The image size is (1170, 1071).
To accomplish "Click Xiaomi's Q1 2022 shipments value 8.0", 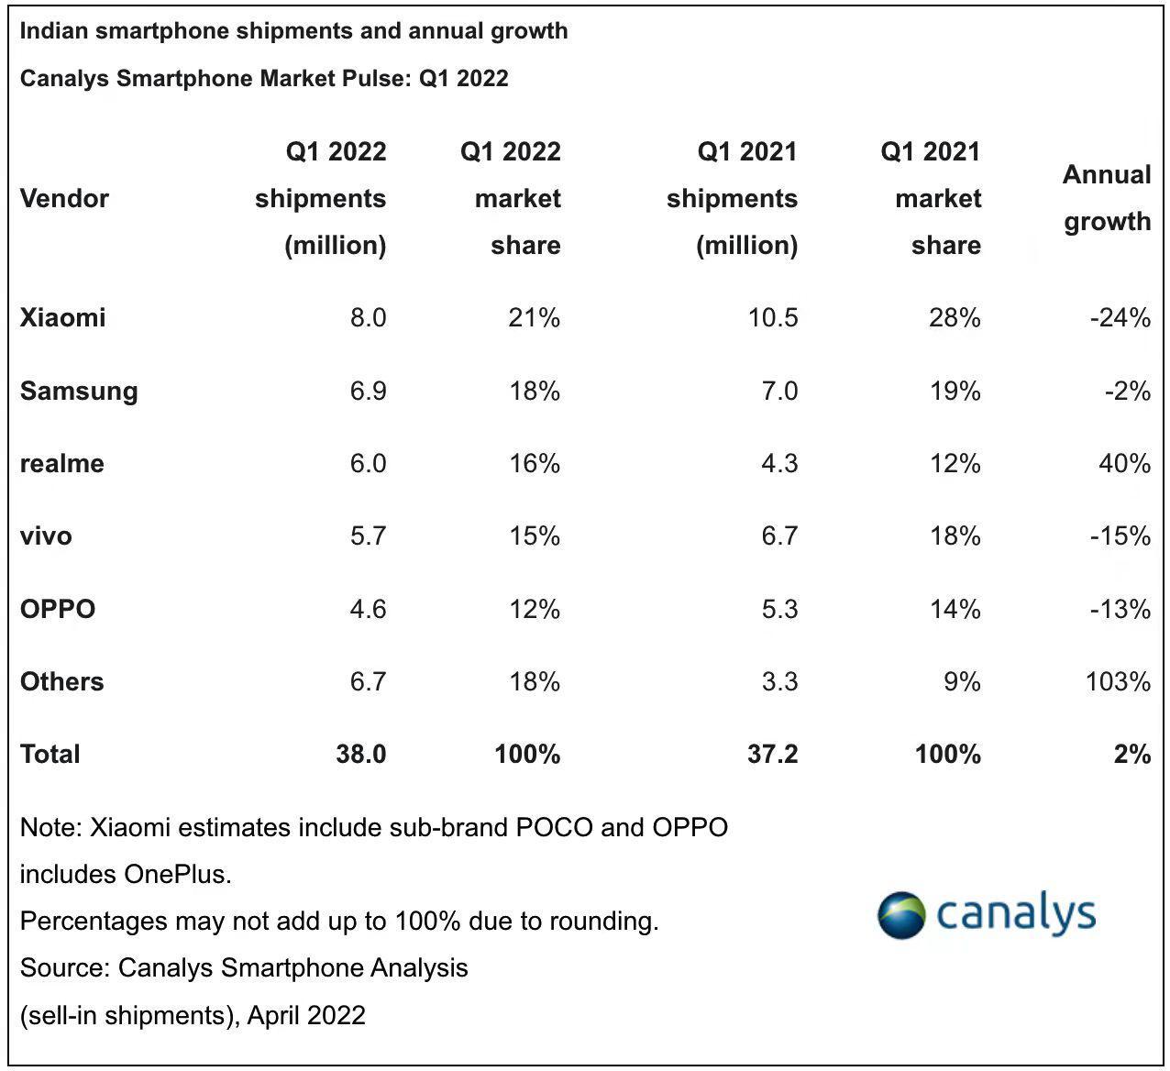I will click(x=368, y=317).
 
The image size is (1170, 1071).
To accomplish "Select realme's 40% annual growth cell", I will click(x=1124, y=463).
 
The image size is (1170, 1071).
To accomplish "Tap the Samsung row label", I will click(x=79, y=391).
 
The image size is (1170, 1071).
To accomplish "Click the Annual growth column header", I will click(x=1106, y=198).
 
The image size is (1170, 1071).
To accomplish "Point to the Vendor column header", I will click(x=64, y=198).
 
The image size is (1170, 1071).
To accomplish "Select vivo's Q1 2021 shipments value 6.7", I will click(x=778, y=535).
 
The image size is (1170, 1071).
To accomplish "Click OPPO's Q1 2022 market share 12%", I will click(x=535, y=609).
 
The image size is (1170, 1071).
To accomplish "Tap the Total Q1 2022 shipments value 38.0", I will click(x=360, y=754).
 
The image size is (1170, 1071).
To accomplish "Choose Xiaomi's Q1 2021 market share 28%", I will click(x=955, y=317).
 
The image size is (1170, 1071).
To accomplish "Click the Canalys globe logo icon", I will click(x=901, y=914).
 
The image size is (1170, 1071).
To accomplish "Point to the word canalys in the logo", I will click(x=1016, y=914).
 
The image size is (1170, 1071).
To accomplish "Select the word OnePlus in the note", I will click(x=176, y=874).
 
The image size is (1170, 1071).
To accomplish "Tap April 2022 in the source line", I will click(x=306, y=1015).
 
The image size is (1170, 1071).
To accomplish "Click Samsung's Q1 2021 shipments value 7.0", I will click(x=778, y=391).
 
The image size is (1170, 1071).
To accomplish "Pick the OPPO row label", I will click(x=58, y=609).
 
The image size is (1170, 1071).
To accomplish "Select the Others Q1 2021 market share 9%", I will click(x=962, y=681).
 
